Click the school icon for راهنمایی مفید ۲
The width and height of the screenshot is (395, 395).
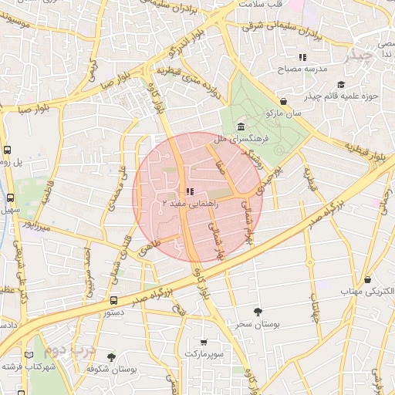(190, 191)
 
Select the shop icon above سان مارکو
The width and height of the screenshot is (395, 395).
(284, 101)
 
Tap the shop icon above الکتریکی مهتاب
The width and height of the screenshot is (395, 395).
(367, 279)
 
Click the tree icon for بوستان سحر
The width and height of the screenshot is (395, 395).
(257, 312)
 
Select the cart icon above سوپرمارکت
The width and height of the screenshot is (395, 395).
(203, 341)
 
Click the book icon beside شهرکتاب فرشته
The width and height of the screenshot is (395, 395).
(29, 356)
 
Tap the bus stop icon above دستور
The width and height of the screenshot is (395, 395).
(113, 301)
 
